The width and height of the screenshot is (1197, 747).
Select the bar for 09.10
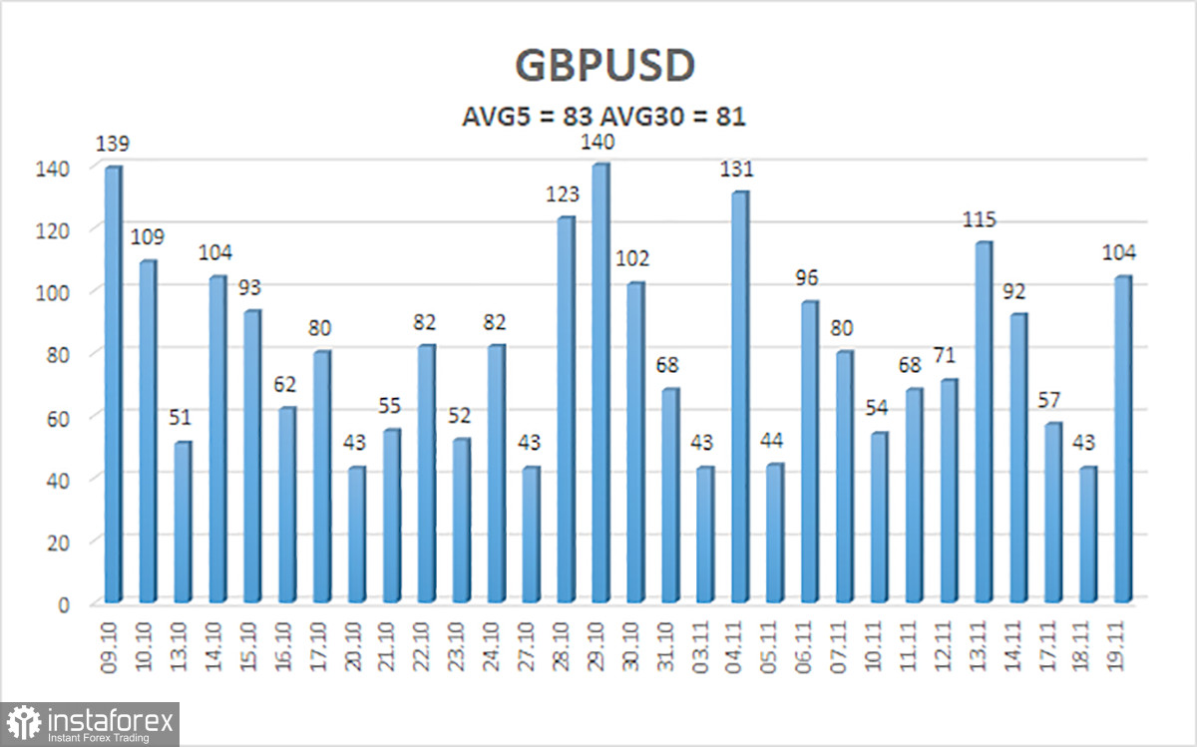tap(113, 384)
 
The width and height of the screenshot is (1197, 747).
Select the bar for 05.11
tap(773, 533)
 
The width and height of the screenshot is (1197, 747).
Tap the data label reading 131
tap(738, 170)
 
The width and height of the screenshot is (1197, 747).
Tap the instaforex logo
tap(90, 722)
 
